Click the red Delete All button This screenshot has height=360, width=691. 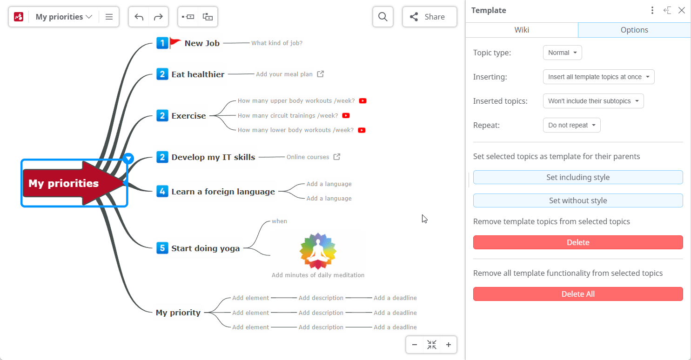point(578,294)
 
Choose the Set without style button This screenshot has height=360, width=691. point(578,200)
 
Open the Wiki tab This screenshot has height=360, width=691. point(522,30)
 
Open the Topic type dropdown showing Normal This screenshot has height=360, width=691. point(563,53)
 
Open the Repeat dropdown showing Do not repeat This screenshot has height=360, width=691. point(571,125)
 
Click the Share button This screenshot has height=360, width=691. point(429,17)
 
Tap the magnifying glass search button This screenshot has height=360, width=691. point(383,17)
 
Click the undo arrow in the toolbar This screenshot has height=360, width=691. point(139,17)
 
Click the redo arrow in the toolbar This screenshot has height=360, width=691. point(158,17)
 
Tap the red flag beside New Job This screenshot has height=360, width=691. point(175,42)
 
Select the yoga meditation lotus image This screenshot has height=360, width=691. point(318,251)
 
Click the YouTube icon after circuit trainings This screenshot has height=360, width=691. point(346,116)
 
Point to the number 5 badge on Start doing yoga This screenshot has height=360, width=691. point(162,248)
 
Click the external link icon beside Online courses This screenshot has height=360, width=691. point(337,157)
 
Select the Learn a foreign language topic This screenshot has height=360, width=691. point(223,192)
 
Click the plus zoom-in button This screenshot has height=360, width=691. point(449,345)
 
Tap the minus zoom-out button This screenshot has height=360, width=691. point(415,345)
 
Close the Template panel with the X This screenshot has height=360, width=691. point(681,10)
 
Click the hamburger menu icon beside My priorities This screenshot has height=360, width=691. point(109,17)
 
